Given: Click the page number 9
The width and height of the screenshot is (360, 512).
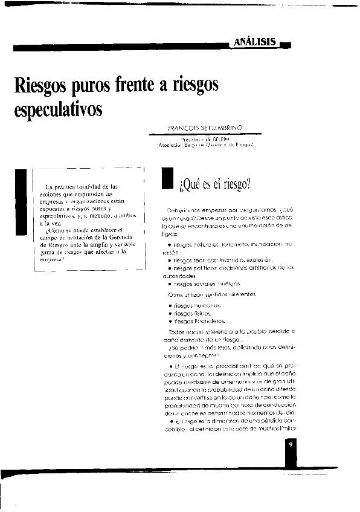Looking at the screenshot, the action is point(291,445).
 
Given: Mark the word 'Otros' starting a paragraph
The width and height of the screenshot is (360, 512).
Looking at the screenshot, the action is point(174,294).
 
